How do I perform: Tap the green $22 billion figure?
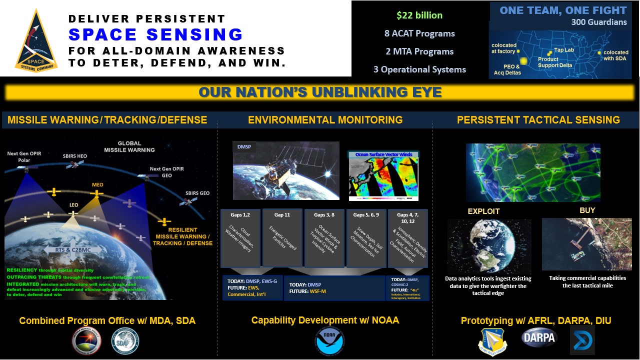[419, 15]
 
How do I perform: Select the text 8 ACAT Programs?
[419, 33]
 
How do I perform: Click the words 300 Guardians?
[599, 22]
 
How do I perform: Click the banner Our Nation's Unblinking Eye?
[320, 92]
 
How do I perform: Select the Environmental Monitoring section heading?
[325, 119]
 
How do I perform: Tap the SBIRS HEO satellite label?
[74, 156]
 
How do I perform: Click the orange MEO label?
[97, 185]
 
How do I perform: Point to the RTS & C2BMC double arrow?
[73, 249]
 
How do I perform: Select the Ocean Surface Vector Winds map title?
[383, 154]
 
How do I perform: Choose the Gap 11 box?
[282, 238]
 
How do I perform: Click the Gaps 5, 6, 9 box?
[366, 238]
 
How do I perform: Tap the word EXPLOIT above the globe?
[483, 211]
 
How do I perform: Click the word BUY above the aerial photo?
[587, 210]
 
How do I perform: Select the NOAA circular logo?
[329, 341]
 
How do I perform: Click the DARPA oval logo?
[538, 338]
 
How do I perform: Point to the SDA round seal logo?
[125, 341]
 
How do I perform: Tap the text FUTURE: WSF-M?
[307, 291]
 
